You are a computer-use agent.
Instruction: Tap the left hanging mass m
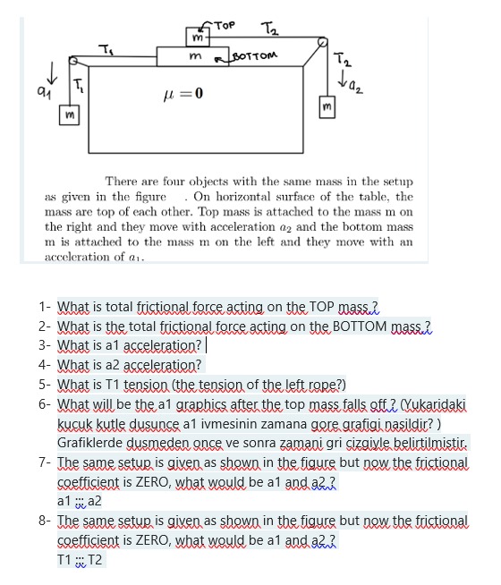click(69, 116)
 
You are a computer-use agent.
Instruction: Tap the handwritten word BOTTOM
click(255, 55)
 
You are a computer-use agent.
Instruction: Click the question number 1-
click(46, 306)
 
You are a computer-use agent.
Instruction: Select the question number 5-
click(46, 385)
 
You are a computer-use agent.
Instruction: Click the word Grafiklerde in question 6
click(91, 443)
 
